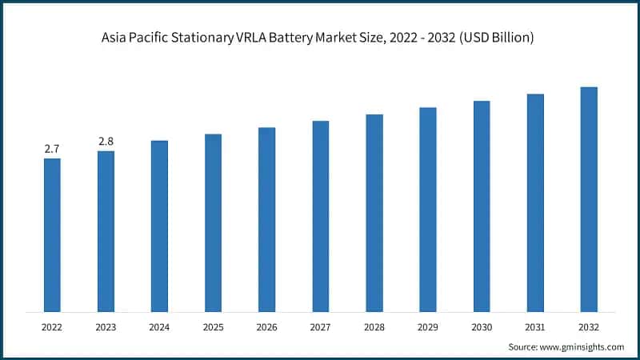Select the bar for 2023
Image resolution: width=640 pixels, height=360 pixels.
coord(106,231)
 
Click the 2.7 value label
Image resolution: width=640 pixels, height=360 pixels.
coord(52,149)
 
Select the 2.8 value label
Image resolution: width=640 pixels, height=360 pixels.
coord(106,142)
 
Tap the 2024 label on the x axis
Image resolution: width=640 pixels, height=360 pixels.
coord(159,327)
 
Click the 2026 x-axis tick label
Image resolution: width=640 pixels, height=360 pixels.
coord(266,327)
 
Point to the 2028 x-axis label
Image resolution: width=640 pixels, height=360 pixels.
coord(374,327)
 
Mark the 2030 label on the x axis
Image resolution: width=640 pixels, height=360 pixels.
coord(482,327)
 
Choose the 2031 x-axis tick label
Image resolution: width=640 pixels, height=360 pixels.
coord(535,327)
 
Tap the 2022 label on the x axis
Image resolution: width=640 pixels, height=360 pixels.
coord(52,327)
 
